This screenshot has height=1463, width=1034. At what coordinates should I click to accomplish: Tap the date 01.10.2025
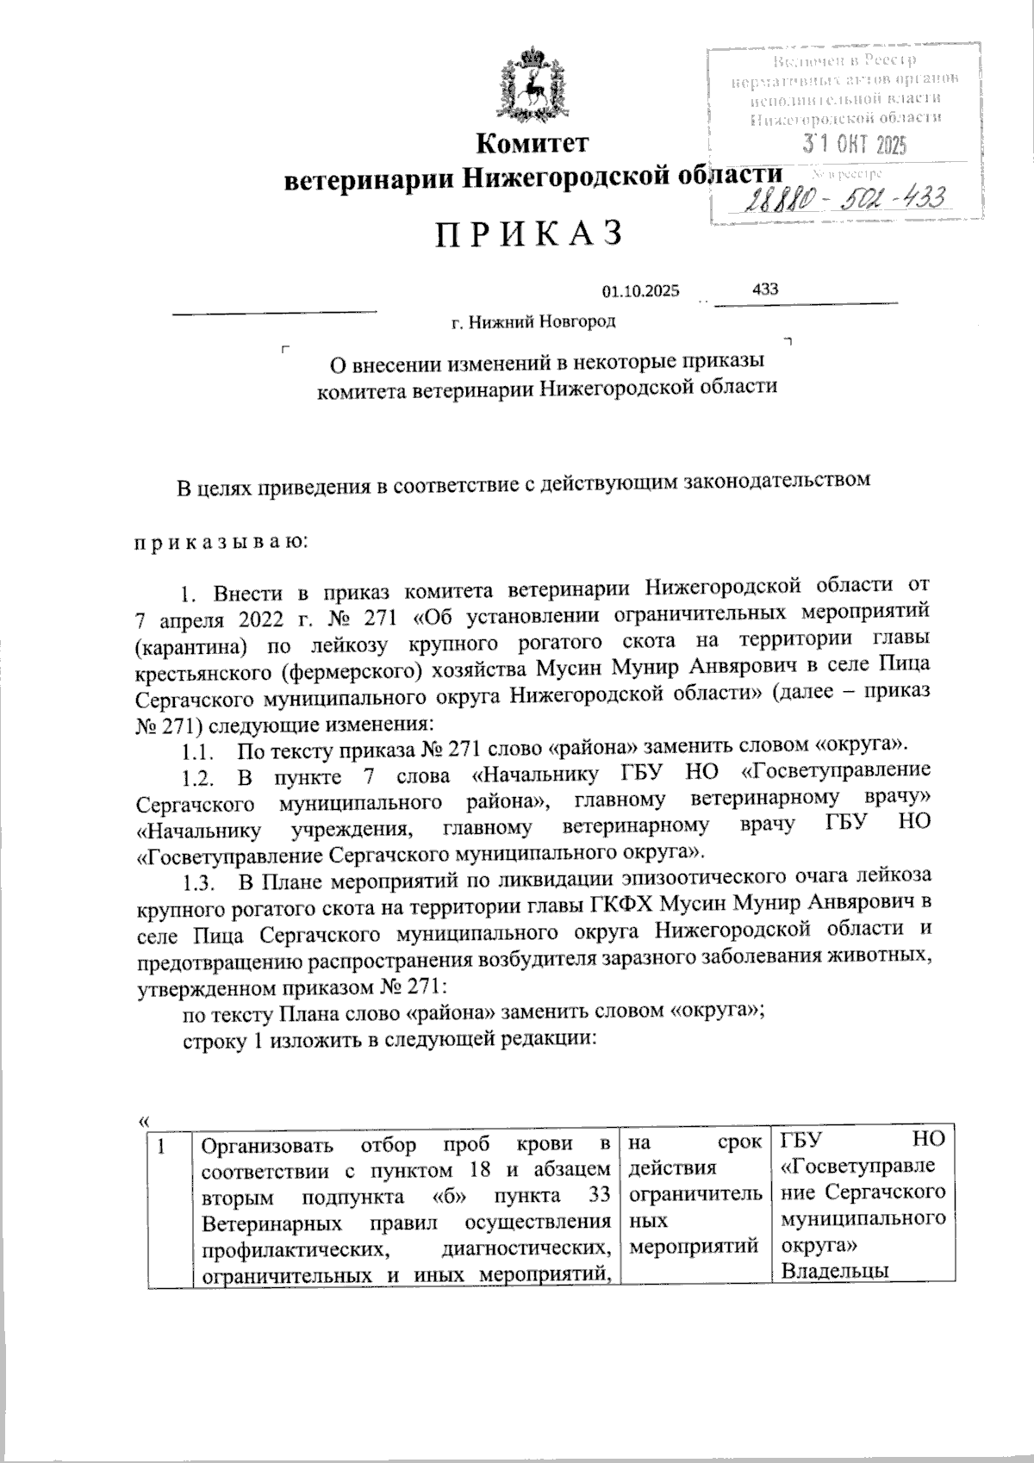point(641,291)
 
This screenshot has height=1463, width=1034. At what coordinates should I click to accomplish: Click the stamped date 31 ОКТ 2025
point(855,144)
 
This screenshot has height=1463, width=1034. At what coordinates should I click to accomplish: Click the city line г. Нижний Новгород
point(534,322)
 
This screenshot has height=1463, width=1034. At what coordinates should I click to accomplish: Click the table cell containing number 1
point(162,1145)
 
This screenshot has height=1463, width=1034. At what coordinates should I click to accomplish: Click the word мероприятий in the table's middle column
point(694,1246)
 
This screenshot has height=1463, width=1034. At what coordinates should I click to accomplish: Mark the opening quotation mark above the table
point(143,1120)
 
